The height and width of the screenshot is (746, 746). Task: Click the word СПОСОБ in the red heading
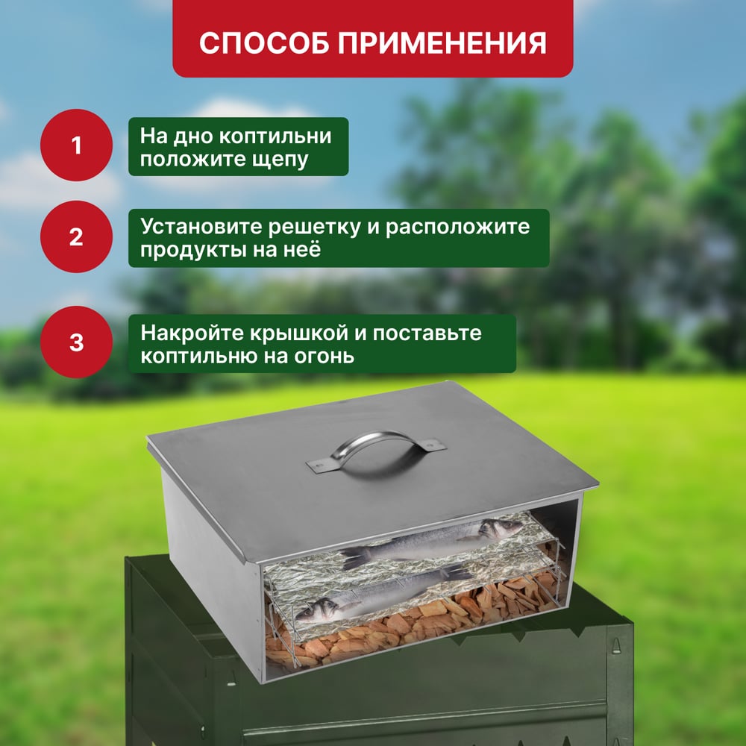pyautogui.click(x=264, y=43)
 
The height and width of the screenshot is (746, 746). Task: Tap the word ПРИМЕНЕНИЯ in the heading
pyautogui.click(x=442, y=43)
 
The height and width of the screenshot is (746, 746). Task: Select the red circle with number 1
pyautogui.click(x=76, y=145)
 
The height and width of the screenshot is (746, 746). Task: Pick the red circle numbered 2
pyautogui.click(x=76, y=236)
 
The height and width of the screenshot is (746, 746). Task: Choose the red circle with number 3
pyautogui.click(x=76, y=342)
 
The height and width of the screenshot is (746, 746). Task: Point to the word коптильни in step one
pyautogui.click(x=275, y=136)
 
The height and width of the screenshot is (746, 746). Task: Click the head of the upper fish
pyautogui.click(x=502, y=527)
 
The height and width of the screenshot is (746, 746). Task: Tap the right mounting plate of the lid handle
pyautogui.click(x=430, y=445)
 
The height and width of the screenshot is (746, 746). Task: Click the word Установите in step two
pyautogui.click(x=201, y=227)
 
